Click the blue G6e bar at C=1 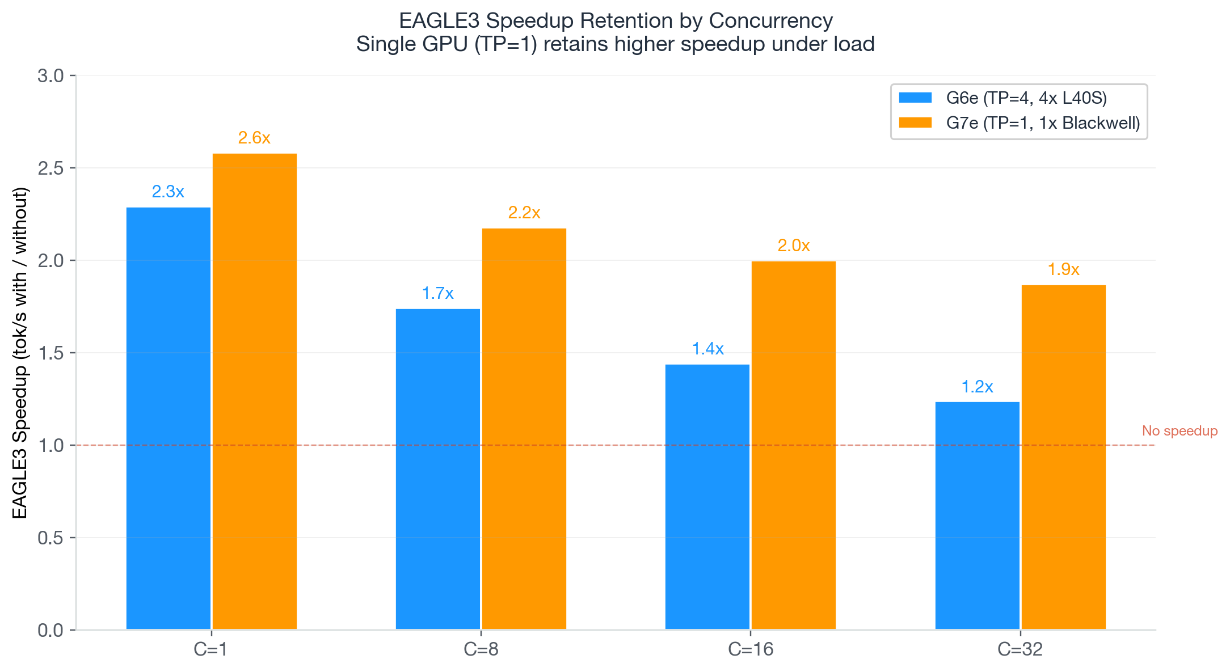[x=168, y=418]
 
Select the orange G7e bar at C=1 [x=254, y=391]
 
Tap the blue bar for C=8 [x=437, y=469]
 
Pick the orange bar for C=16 [x=793, y=445]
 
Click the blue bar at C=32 [x=977, y=515]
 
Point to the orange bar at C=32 [x=1063, y=457]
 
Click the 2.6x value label [x=254, y=138]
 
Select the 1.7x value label [x=437, y=293]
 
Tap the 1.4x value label [x=707, y=349]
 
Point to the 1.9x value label [x=1063, y=269]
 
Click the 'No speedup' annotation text [x=1180, y=431]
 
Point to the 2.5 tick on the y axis [x=50, y=168]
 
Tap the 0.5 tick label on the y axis [x=50, y=538]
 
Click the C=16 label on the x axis [x=750, y=649]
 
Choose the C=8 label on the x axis [x=481, y=649]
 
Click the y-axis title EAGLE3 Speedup [x=20, y=353]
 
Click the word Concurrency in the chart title [x=770, y=21]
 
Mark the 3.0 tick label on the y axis [x=50, y=76]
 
